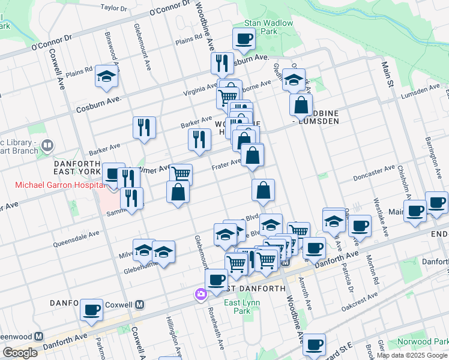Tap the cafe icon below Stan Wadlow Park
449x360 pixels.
tap(244, 40)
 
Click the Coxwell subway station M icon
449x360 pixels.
tap(139, 304)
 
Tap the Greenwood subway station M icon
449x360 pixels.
tap(39, 337)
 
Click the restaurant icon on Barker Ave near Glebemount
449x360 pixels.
tap(143, 127)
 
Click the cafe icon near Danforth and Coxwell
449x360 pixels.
tap(91, 310)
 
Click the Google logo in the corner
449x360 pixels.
tap(20, 353)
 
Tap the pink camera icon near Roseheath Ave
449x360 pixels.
tap(199, 294)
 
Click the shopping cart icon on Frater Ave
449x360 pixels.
tap(181, 174)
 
